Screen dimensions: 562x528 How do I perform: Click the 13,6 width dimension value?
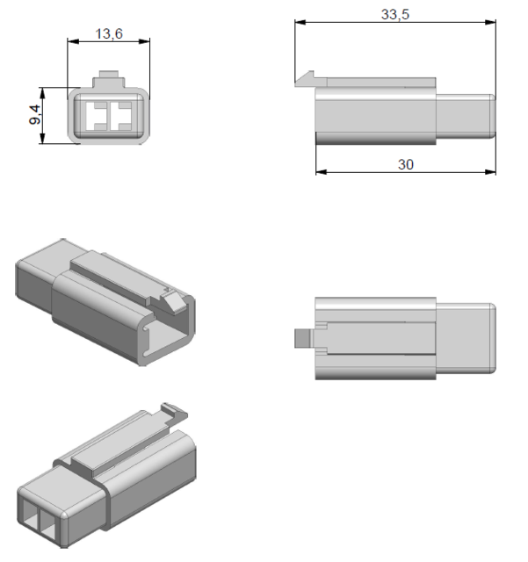(108, 33)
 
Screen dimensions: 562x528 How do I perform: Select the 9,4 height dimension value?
(36, 113)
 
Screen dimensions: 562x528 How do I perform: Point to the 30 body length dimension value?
(405, 164)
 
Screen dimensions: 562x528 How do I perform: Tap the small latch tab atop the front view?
(109, 78)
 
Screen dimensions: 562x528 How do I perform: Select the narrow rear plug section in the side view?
(465, 115)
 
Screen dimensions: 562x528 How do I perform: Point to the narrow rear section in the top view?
(466, 337)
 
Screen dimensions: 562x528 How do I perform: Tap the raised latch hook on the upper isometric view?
(173, 300)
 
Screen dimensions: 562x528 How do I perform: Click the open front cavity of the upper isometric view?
(167, 338)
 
